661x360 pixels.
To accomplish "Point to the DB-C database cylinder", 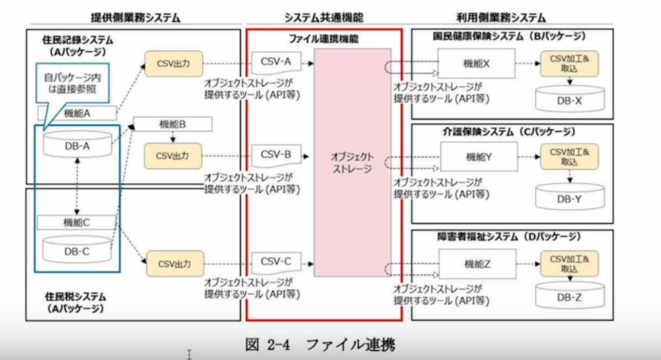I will click(x=77, y=249).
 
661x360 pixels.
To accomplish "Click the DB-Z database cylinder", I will click(x=569, y=297).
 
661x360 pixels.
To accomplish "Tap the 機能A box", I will click(x=77, y=114).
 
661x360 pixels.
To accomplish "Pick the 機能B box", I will click(x=173, y=125).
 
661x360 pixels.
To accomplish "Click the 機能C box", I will click(x=77, y=222).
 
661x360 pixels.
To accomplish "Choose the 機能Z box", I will click(x=477, y=264).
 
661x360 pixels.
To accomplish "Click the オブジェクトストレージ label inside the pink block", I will click(x=352, y=163).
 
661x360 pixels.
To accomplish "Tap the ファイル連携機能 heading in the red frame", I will click(x=324, y=39).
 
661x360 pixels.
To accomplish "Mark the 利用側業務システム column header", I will click(x=501, y=18).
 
